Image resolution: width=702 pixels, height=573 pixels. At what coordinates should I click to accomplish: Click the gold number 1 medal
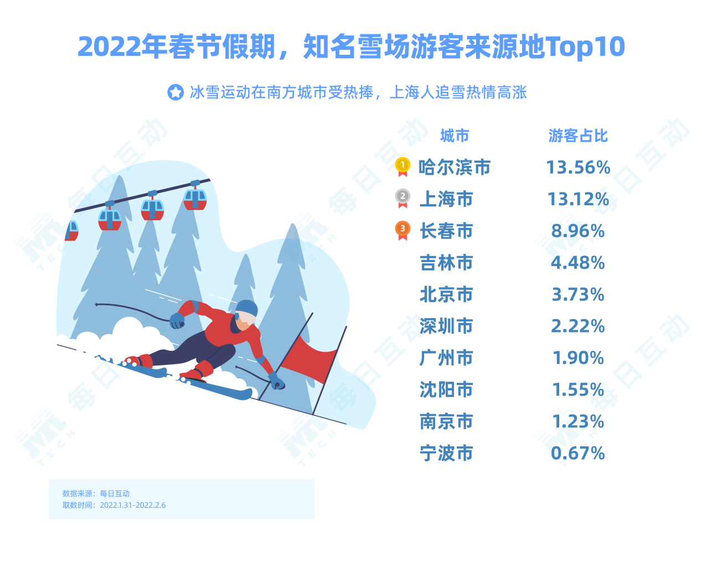pos(402,166)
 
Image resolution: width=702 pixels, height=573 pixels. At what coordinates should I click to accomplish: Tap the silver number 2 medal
pos(402,197)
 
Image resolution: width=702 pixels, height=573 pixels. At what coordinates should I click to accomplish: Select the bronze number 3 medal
pos(402,230)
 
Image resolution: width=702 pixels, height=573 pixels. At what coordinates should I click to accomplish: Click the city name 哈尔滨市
pos(454,166)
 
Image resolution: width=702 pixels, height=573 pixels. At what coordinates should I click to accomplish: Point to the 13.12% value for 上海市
pos(578,199)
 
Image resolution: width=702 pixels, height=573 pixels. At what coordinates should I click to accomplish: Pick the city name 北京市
pos(446,294)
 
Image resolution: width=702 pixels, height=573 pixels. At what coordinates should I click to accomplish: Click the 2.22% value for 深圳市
pos(577,326)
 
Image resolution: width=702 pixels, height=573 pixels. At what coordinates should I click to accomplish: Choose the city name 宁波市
pos(446,452)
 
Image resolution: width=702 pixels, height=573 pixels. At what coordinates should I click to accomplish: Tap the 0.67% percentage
pos(577,452)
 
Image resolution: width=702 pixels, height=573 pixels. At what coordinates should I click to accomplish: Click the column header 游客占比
pos(577,136)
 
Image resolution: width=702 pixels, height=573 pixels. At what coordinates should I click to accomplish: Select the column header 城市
pos(455,136)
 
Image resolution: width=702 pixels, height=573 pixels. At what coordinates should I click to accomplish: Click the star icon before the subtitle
pos(175,92)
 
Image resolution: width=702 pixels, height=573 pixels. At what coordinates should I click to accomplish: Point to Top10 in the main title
pos(585,46)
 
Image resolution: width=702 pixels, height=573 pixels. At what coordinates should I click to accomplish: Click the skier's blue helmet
pos(247,308)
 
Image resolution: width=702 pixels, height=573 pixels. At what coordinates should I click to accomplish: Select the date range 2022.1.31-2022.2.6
pos(132,504)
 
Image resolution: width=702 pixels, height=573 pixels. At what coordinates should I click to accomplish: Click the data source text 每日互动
pos(115,493)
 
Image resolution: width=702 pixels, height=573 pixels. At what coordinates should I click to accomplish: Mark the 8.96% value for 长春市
pos(577,231)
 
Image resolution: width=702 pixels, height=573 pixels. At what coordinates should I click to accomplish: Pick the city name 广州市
pos(446,357)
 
